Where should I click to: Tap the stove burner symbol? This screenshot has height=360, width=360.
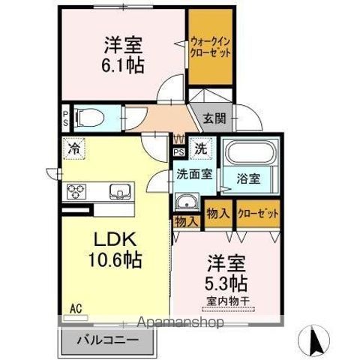point(78,192)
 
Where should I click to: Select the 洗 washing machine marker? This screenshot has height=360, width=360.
point(200,148)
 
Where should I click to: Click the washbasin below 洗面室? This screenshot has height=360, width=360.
point(185,202)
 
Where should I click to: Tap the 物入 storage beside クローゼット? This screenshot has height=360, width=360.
point(217,214)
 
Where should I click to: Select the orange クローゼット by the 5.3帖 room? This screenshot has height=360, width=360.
point(258,214)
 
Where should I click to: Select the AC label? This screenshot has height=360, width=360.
point(76,308)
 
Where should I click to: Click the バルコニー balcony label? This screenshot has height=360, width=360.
point(106,339)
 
